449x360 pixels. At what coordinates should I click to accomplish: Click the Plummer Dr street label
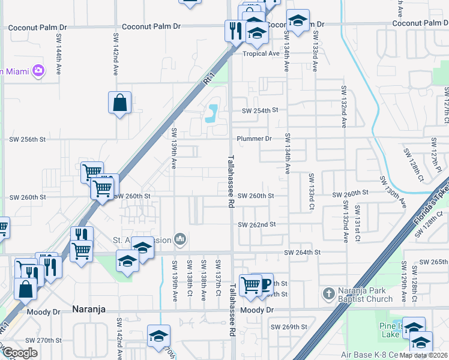click(x=255, y=139)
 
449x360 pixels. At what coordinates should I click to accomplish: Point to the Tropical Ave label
click(x=261, y=53)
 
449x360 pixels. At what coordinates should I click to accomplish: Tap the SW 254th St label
click(x=261, y=110)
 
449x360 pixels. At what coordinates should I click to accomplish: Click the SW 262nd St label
click(x=256, y=224)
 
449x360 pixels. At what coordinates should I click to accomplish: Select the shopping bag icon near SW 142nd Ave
click(x=120, y=103)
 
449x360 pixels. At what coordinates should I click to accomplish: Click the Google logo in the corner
click(x=20, y=353)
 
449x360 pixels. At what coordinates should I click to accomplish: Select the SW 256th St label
click(x=28, y=139)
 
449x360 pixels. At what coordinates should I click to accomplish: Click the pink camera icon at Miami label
click(x=39, y=71)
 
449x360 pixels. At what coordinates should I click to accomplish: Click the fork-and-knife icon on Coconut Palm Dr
click(x=234, y=30)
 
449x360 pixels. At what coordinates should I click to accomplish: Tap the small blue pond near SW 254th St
click(x=211, y=113)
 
